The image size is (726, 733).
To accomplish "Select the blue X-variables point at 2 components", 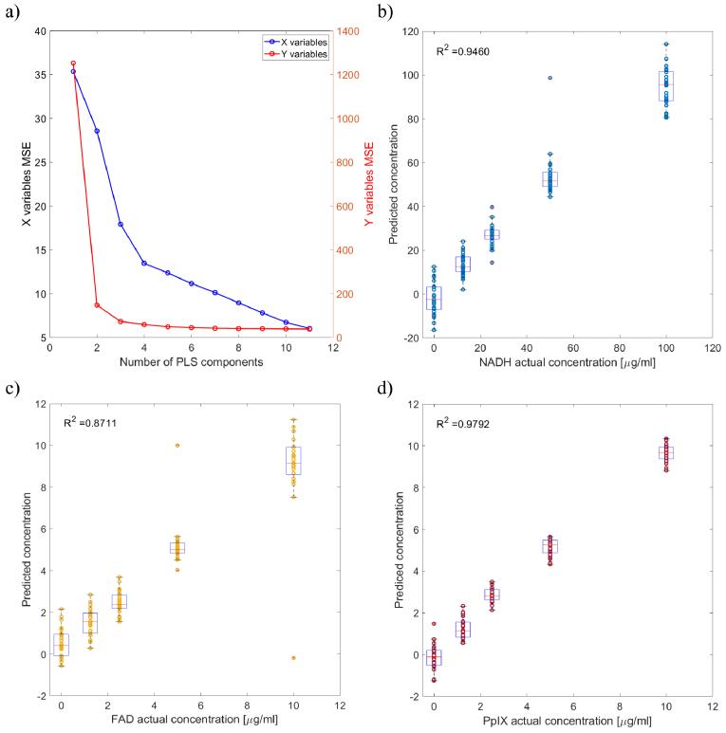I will click(x=97, y=131).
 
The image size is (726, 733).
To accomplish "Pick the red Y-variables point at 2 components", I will click(x=97, y=305).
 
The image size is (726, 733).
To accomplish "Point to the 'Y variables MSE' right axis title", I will click(x=369, y=184).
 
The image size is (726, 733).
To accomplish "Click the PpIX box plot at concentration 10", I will click(x=665, y=453).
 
